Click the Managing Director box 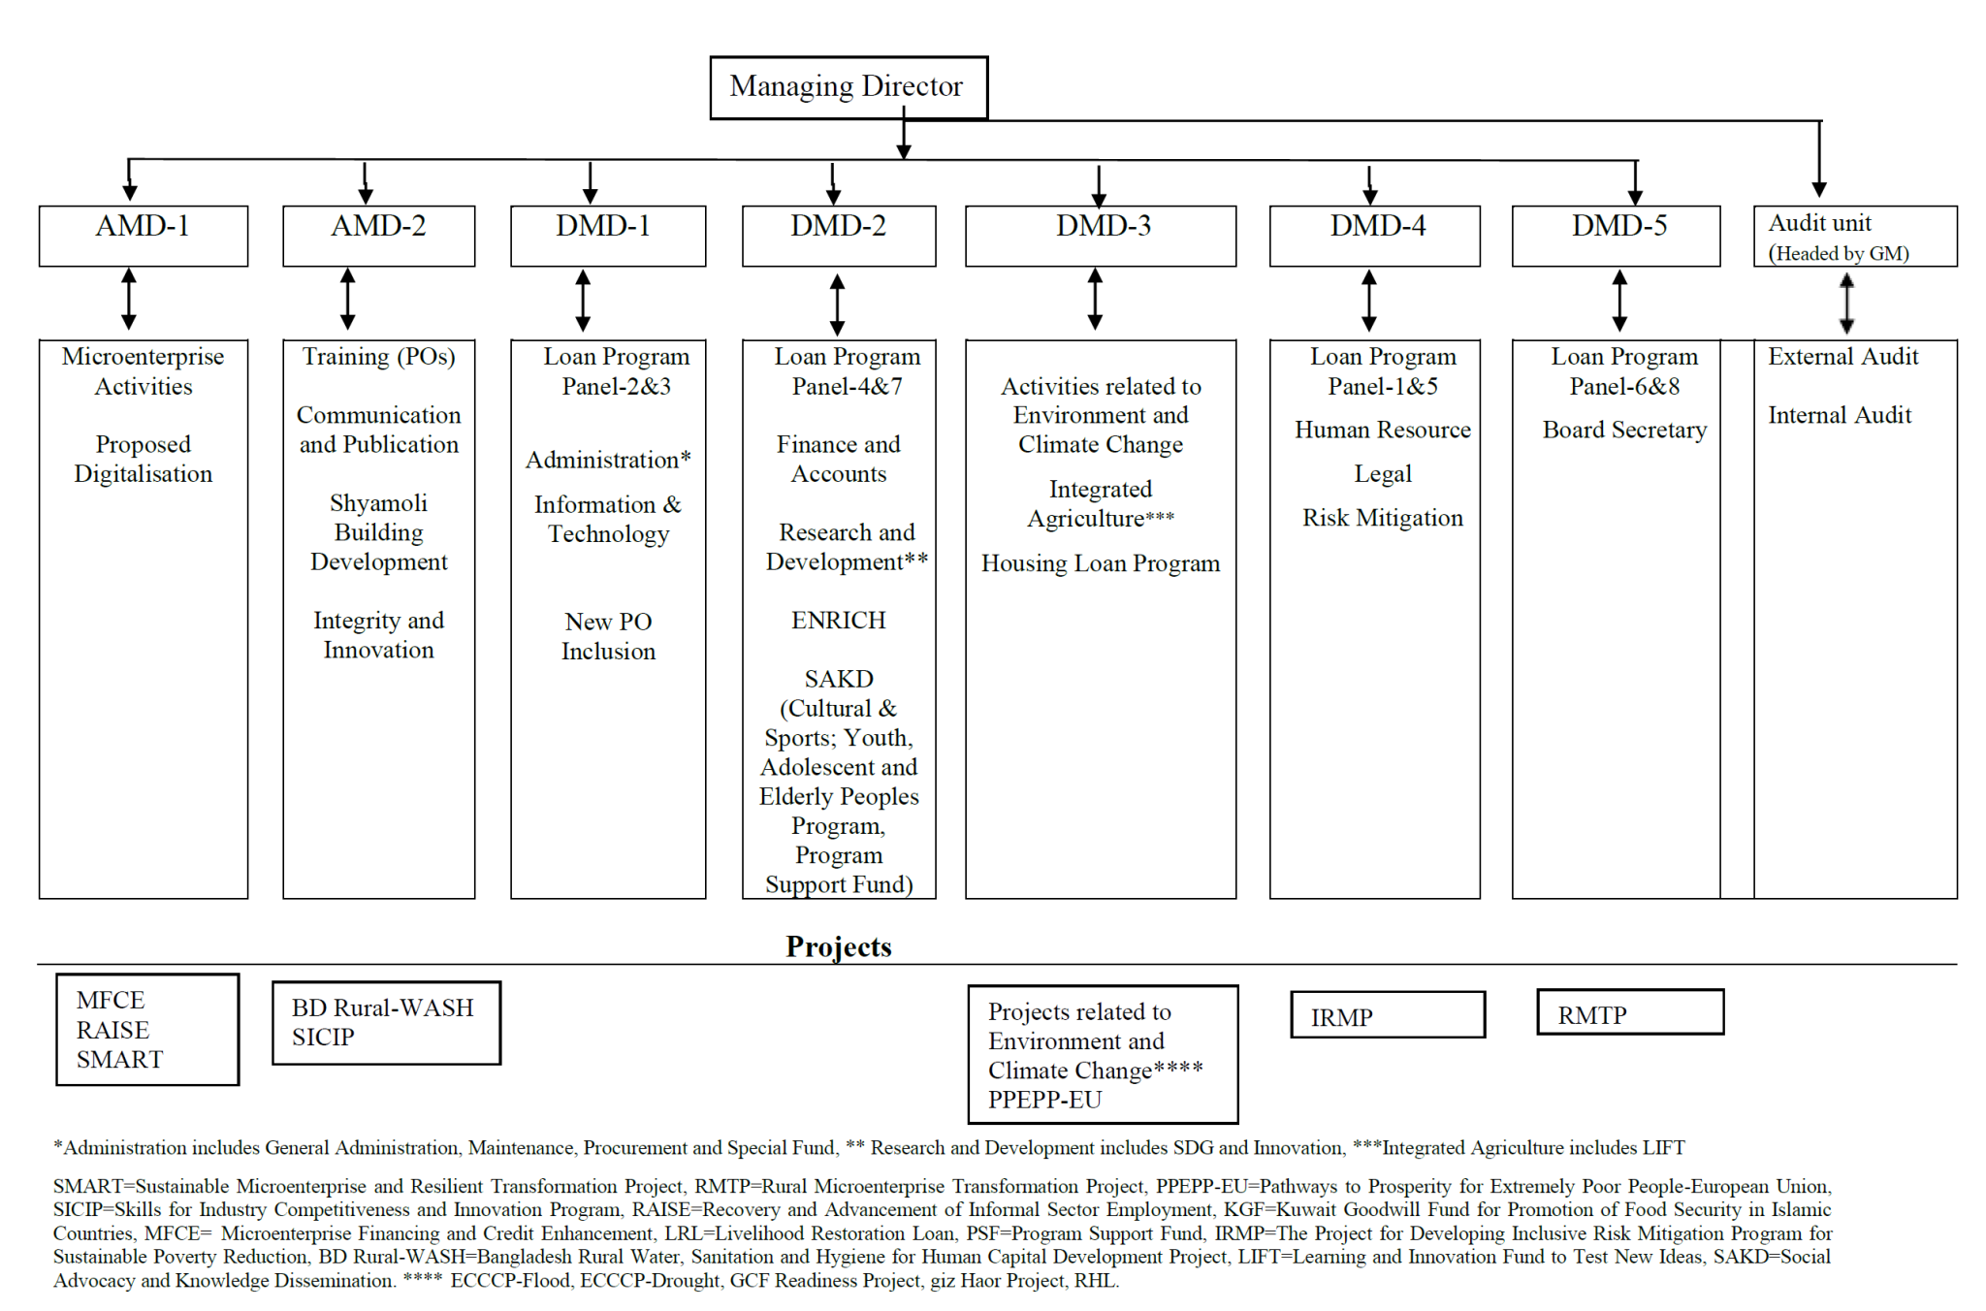click(x=849, y=87)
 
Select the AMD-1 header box click(x=143, y=235)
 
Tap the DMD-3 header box click(x=1101, y=235)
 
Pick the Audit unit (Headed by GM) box click(x=1854, y=236)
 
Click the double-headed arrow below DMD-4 click(x=1368, y=301)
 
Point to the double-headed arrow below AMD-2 click(x=348, y=300)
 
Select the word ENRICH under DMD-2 click(x=838, y=621)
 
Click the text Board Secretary click(x=1624, y=430)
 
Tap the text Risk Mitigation click(x=1382, y=518)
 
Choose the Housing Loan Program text click(x=1100, y=563)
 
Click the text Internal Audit click(x=1839, y=415)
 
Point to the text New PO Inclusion click(x=608, y=636)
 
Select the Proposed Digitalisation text click(x=143, y=459)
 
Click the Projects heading click(x=838, y=946)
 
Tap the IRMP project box click(x=1387, y=1015)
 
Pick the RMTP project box click(x=1629, y=1013)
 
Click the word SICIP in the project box click(x=323, y=1038)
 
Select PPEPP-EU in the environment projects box click(x=1044, y=1100)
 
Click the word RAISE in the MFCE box click(x=112, y=1030)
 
